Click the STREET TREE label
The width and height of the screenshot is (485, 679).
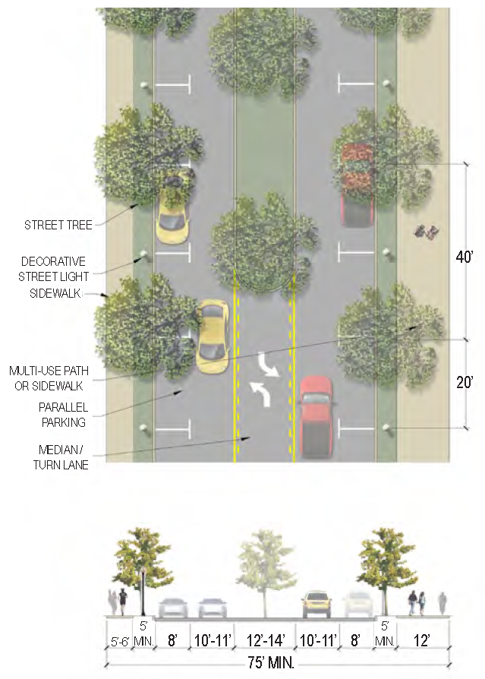(x=58, y=225)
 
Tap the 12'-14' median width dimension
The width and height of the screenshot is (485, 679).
(x=266, y=640)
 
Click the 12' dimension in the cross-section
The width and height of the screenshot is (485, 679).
(x=422, y=640)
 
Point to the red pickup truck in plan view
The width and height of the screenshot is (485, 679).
(x=317, y=416)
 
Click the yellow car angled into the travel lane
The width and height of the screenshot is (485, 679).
(x=212, y=335)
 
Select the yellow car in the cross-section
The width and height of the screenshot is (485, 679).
(x=317, y=605)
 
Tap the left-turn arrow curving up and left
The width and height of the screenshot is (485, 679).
(x=260, y=393)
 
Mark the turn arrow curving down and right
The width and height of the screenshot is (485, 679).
(x=269, y=367)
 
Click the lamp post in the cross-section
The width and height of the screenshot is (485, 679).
(x=143, y=591)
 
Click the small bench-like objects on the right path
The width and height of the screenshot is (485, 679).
(x=423, y=232)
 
